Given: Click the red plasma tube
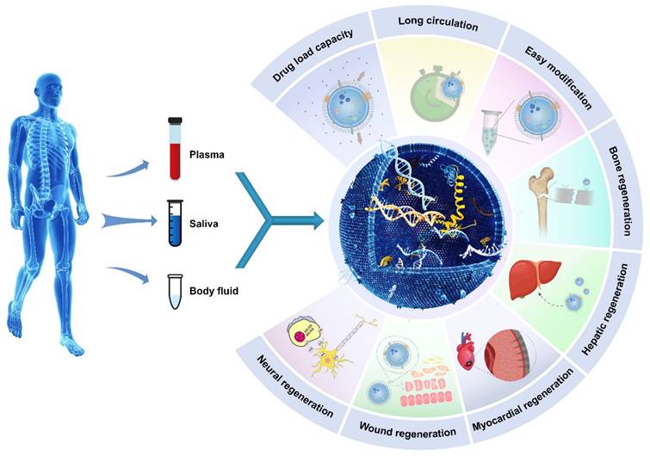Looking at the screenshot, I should point(175,151).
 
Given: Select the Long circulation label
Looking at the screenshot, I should point(440,25).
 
